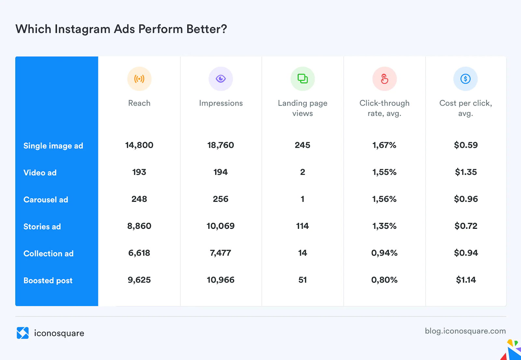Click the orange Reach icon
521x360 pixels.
click(139, 79)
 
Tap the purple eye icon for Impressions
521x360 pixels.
click(221, 79)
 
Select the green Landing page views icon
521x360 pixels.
click(303, 79)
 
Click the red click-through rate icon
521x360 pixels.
click(385, 79)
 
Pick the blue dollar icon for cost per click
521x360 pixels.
click(466, 79)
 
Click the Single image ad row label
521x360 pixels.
click(53, 146)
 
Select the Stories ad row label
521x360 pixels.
click(42, 227)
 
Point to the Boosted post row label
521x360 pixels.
click(48, 281)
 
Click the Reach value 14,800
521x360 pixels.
click(139, 145)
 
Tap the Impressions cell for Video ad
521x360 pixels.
click(220, 172)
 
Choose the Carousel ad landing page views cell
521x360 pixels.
click(303, 199)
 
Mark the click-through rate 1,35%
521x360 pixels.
click(384, 226)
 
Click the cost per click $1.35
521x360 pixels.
click(466, 172)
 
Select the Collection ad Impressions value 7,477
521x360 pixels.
click(220, 253)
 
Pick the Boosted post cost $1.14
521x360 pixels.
click(466, 280)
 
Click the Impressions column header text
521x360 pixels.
click(221, 103)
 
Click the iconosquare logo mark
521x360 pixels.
click(23, 333)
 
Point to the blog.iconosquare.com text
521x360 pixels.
click(465, 331)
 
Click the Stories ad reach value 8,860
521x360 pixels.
click(139, 226)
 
